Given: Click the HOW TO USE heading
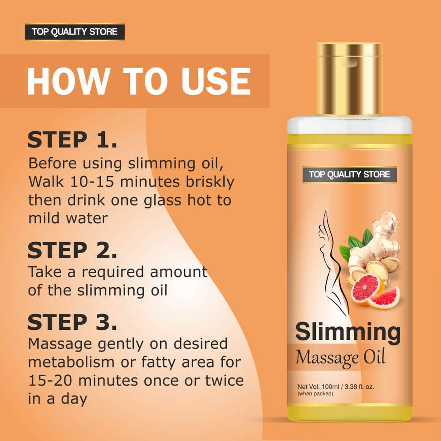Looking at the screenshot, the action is coord(139,81).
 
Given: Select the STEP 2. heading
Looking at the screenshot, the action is coord(72,250).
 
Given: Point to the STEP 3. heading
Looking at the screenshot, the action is coord(72,322).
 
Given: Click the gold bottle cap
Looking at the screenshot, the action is coord(349,79).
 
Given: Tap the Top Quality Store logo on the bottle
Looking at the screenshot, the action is coord(349,174).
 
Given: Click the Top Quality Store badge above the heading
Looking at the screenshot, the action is coord(74,32).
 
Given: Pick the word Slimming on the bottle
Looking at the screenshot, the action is coord(348,333).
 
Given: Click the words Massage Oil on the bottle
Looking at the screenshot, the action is coord(340,358).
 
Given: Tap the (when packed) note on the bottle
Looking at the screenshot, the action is coord(315,394).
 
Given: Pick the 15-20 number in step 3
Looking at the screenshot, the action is coord(50,381).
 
